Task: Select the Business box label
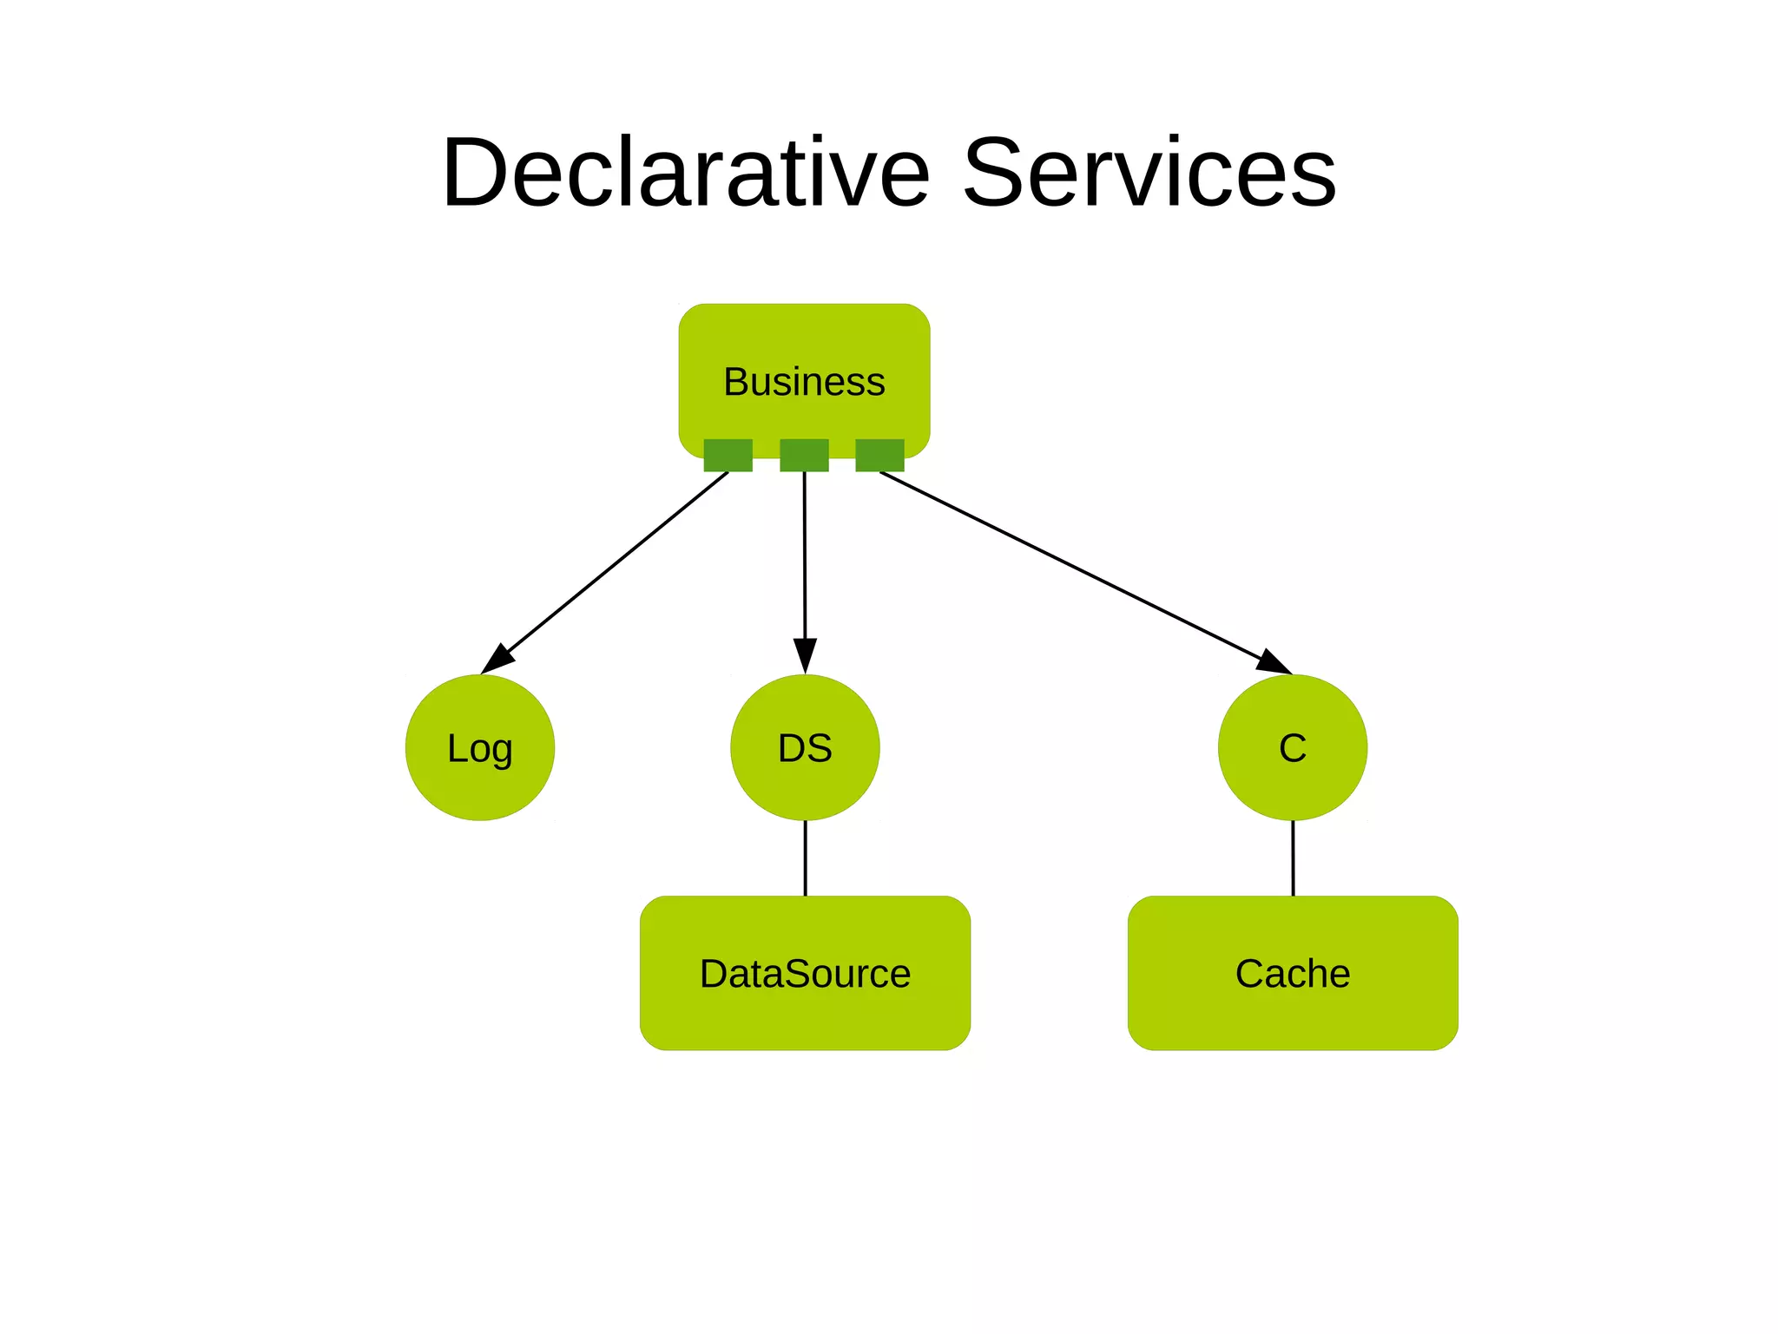point(804,382)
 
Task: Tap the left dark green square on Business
point(728,455)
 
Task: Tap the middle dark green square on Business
point(804,455)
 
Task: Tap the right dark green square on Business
point(879,455)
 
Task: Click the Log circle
point(480,747)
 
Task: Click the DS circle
point(805,747)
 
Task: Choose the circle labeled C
point(1293,747)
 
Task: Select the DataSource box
point(805,973)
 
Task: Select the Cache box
point(1293,973)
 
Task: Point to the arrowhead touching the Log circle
point(497,660)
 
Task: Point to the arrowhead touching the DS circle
point(805,656)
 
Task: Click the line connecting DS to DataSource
point(805,858)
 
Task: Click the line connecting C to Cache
point(1293,858)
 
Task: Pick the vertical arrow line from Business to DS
point(804,555)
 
